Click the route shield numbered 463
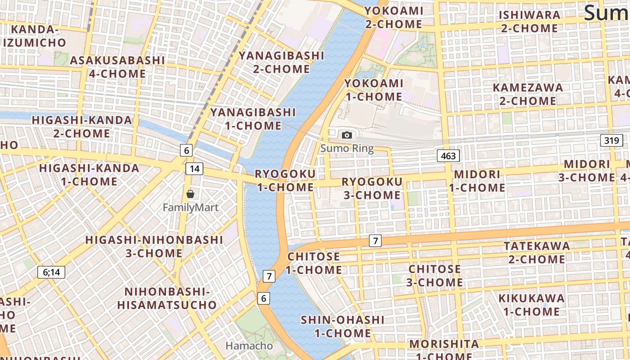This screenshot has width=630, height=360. point(448,156)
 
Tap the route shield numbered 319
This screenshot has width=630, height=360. point(612,140)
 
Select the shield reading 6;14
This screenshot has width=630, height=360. point(51,272)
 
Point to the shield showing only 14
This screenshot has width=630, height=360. point(194,169)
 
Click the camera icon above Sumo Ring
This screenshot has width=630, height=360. point(346,135)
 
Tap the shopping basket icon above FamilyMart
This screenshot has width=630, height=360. point(190,194)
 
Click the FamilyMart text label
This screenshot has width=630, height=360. point(190,207)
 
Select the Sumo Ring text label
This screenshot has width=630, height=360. point(347,148)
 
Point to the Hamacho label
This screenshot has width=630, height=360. point(249,346)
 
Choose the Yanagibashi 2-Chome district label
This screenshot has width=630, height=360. point(281,62)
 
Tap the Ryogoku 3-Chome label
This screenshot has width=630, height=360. point(372,188)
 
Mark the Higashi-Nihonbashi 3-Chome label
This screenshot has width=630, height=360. point(154,246)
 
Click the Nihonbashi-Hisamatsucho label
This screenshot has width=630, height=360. point(167,298)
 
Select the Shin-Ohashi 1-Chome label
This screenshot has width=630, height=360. point(342,327)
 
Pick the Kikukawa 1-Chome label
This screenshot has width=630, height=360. point(531,305)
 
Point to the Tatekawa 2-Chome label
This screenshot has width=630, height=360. point(537,252)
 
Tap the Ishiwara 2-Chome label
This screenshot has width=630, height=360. point(530,22)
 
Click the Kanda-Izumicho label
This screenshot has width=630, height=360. point(35,36)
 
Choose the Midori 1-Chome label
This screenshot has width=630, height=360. point(477,181)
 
